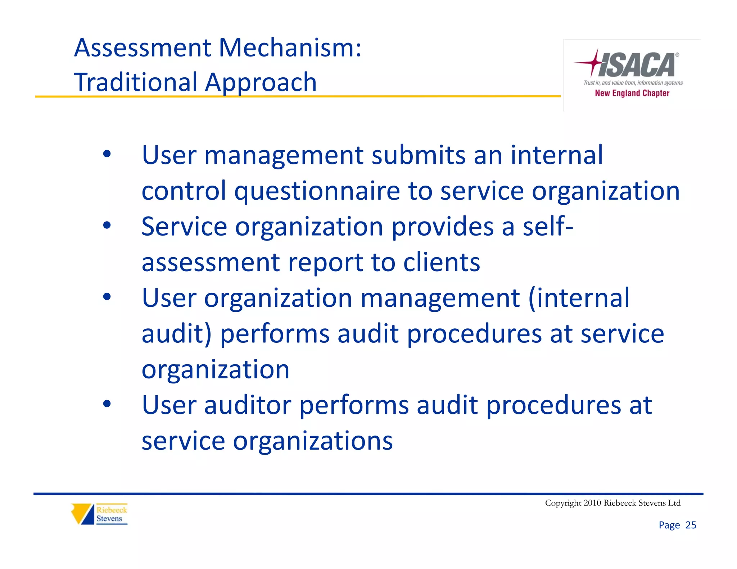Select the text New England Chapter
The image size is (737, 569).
tap(632, 93)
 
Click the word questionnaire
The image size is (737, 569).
tap(317, 191)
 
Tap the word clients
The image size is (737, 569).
tap(442, 262)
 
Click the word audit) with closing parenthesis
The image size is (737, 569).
tap(177, 334)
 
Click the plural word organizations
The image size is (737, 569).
tap(313, 441)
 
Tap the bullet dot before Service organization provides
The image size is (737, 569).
tap(107, 226)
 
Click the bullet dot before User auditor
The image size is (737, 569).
tap(107, 404)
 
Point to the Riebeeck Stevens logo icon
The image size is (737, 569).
tap(82, 514)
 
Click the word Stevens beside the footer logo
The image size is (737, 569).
tap(109, 519)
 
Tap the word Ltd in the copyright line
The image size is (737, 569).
tap(674, 503)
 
